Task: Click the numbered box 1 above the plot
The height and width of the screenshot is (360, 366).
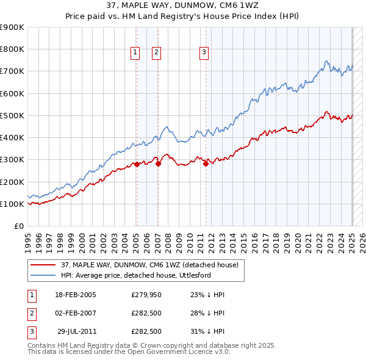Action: tap(134, 53)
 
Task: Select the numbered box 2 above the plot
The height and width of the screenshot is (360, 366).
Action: tap(156, 53)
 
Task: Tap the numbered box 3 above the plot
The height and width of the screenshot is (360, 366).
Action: tap(204, 53)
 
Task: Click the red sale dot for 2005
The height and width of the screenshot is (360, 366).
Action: tap(137, 164)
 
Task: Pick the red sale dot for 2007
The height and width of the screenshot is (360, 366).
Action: tap(158, 164)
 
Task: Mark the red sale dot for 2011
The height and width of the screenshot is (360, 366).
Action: tap(206, 164)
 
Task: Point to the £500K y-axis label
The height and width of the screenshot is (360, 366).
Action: tap(12, 115)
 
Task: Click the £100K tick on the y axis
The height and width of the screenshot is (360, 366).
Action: tap(12, 204)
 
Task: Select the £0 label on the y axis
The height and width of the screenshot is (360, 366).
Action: tap(18, 226)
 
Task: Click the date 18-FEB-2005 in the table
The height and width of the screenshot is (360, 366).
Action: tap(76, 295)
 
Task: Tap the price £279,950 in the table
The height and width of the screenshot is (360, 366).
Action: tap(146, 295)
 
